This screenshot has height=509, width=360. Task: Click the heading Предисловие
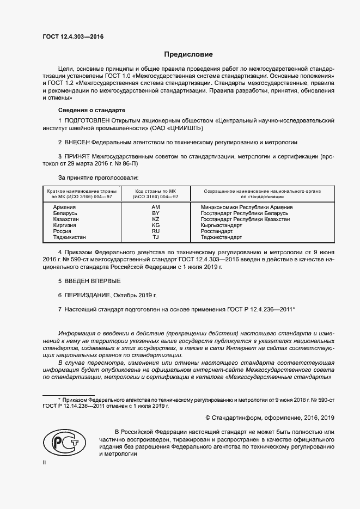click(188, 54)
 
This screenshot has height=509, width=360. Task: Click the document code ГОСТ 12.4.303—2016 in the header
click(72, 37)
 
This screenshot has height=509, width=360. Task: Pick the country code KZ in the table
click(155, 219)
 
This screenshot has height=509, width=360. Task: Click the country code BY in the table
click(155, 213)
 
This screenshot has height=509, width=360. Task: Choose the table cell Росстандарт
click(216, 231)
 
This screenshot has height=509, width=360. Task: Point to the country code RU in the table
click(155, 231)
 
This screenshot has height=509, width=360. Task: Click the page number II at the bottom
click(44, 462)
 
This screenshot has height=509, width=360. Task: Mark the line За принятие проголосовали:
click(98, 177)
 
